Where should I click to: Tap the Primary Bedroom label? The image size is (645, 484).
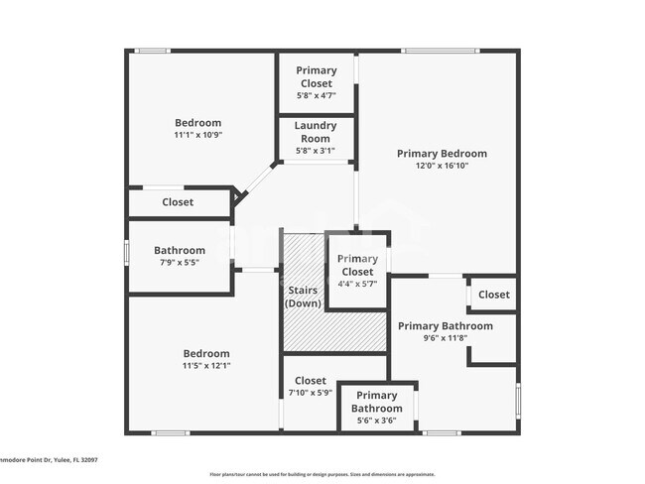[442, 154]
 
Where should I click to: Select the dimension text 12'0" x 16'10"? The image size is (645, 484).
[442, 166]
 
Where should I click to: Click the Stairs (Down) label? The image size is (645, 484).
[303, 297]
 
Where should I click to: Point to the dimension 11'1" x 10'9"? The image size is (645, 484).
[197, 135]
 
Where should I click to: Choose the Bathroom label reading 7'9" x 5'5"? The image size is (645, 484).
[180, 251]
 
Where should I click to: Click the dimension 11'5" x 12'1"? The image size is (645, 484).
[205, 366]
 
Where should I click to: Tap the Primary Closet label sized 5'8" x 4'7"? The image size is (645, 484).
[317, 76]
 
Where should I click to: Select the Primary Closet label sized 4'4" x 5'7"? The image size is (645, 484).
[357, 265]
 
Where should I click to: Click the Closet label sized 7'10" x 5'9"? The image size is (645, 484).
[310, 381]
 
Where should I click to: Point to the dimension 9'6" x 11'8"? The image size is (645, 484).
[445, 338]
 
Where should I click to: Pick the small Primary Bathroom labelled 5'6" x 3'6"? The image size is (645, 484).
[377, 402]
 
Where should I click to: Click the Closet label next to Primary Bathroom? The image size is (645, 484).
[493, 295]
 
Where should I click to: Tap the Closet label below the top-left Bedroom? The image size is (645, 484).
[178, 202]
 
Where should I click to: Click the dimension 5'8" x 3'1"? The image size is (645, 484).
[315, 152]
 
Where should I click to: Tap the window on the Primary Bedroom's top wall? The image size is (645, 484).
[433, 51]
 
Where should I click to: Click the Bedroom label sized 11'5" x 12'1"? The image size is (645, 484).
[205, 354]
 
